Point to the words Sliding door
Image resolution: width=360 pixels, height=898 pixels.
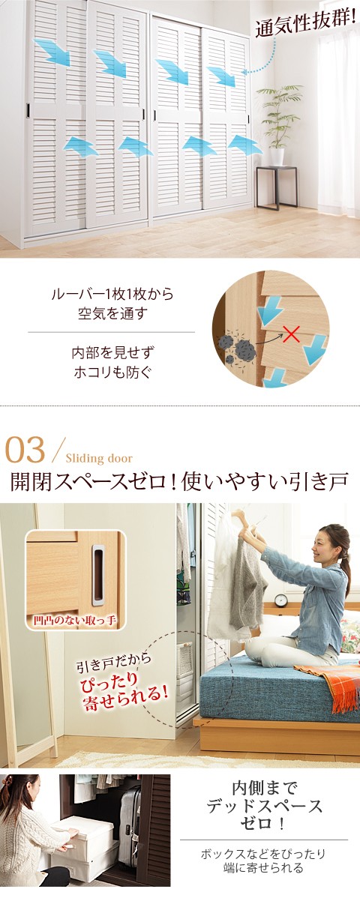99,459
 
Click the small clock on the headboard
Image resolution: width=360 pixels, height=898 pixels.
281,600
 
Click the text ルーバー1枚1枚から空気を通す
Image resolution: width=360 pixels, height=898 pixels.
112,304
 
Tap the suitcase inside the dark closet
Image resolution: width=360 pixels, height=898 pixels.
129,821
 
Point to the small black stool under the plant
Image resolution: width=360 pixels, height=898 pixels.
275,187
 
